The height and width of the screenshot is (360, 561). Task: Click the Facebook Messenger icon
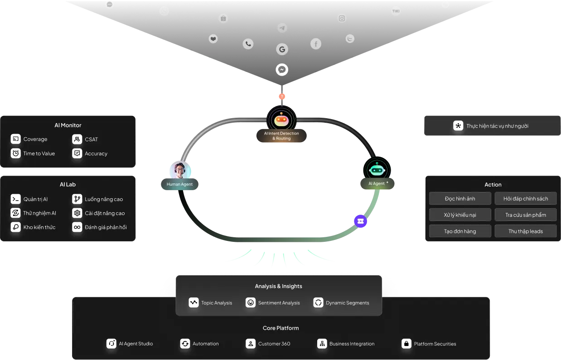click(x=282, y=69)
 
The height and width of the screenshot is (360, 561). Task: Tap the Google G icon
click(x=282, y=49)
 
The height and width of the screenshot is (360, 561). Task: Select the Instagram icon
click(x=342, y=18)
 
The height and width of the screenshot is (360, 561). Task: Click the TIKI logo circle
click(x=396, y=11)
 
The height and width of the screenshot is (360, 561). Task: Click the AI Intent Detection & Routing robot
click(x=281, y=120)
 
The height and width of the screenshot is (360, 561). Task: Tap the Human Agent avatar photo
click(x=180, y=170)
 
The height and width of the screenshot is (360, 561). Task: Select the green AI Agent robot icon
click(x=377, y=169)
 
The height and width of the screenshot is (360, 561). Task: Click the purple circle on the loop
click(x=360, y=221)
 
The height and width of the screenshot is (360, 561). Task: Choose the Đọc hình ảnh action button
click(x=460, y=198)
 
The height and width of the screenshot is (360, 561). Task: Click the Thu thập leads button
click(x=526, y=231)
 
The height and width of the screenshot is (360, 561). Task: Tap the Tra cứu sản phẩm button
click(x=526, y=215)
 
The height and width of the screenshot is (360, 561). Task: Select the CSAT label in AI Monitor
click(x=91, y=139)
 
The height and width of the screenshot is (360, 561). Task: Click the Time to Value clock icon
click(x=16, y=154)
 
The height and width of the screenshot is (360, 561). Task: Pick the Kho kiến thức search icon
click(x=16, y=227)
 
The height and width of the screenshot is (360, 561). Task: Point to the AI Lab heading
click(x=68, y=184)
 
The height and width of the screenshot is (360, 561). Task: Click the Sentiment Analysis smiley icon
click(x=251, y=302)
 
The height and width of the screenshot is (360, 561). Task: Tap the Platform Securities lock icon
click(x=406, y=344)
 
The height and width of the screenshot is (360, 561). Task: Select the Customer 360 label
click(x=274, y=344)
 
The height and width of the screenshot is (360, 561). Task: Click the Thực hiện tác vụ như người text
click(x=497, y=126)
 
